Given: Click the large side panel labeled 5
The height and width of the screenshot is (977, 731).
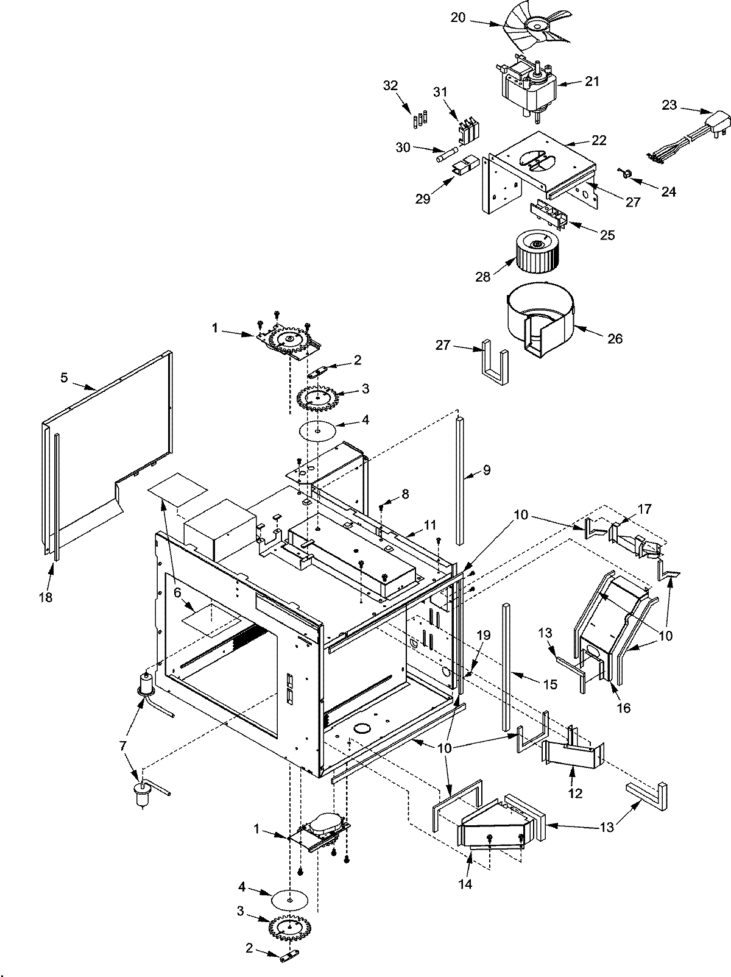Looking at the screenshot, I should pos(110,439).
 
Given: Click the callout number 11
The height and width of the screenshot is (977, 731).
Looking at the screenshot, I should pos(431,524).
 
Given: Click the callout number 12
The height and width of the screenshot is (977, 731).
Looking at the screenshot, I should pos(575,793).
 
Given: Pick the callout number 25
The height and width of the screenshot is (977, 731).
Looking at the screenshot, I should pos(607,235).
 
